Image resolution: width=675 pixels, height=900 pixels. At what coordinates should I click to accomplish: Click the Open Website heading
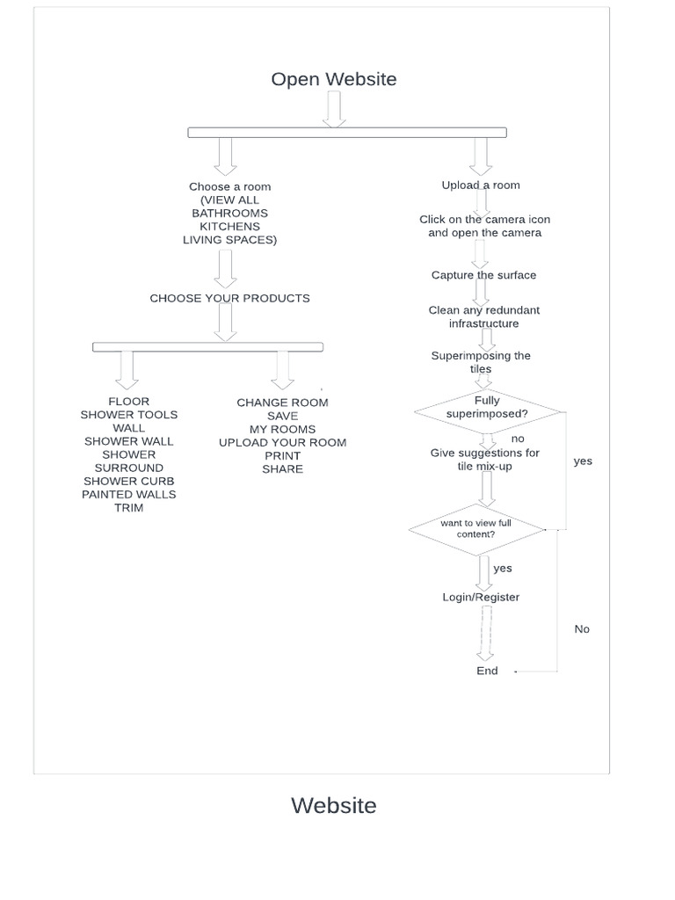333,79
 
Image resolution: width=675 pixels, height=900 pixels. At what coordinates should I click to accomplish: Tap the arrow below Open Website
333,109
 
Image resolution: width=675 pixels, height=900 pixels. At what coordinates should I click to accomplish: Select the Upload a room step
481,185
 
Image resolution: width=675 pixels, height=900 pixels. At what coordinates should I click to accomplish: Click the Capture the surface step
483,275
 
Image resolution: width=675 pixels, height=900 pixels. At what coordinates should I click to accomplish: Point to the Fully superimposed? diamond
487,408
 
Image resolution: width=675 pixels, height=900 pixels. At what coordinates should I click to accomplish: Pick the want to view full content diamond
476,529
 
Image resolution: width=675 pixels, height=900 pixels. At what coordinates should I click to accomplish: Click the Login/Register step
481,598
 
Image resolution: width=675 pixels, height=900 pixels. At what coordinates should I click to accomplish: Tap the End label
487,671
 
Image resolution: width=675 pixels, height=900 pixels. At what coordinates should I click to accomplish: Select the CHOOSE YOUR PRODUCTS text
229,299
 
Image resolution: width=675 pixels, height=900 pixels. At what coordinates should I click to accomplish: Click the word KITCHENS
229,227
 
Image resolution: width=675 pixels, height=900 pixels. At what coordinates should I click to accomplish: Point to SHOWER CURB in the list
129,482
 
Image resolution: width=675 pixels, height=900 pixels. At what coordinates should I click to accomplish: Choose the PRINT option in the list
282,456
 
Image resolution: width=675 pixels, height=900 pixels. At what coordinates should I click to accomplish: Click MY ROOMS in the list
282,430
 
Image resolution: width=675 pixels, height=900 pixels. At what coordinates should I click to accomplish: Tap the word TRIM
128,508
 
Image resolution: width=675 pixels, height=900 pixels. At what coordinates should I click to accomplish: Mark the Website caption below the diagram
333,806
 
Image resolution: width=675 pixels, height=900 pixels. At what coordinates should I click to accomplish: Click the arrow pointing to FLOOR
127,369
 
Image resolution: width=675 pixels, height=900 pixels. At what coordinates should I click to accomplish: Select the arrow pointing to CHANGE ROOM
282,369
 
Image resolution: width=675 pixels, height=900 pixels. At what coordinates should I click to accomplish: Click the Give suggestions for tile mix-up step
484,460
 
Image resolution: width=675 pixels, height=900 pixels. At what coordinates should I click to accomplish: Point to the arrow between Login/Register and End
485,633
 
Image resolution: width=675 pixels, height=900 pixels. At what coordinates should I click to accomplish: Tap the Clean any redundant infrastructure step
484,317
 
